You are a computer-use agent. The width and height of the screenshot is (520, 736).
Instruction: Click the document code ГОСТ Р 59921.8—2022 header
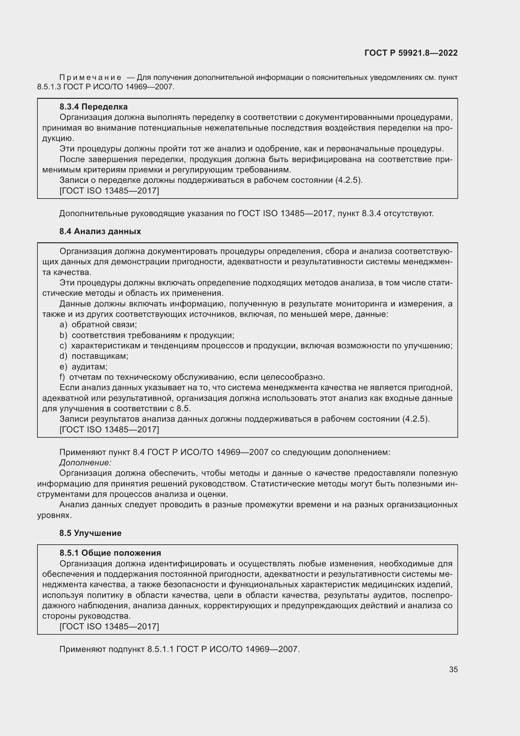coord(411,53)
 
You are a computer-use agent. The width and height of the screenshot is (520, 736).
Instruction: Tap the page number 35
coord(453,669)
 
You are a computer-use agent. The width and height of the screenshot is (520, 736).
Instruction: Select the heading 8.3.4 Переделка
coord(93,107)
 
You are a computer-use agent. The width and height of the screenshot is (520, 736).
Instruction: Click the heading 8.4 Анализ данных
coord(100,232)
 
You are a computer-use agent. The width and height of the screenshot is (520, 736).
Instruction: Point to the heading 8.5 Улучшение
coord(90,533)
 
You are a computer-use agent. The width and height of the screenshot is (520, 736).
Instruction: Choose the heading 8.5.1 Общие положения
coord(110,553)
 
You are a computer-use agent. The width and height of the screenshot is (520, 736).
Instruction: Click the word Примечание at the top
coord(90,78)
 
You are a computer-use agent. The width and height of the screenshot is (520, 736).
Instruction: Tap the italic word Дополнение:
coord(85,463)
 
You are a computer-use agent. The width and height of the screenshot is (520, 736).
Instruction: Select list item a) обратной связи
coord(98,325)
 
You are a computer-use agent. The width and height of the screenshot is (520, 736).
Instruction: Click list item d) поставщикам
coord(94,356)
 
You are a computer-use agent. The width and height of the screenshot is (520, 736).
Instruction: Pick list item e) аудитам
coord(84,367)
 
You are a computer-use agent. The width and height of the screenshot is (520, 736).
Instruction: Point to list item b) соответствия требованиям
coord(147,335)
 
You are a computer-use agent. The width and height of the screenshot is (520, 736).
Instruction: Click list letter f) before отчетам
coord(62,377)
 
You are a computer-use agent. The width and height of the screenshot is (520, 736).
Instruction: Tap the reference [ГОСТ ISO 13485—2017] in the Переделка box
coord(109,191)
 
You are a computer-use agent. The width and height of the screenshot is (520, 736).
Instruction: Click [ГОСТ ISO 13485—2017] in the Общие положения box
coord(109,627)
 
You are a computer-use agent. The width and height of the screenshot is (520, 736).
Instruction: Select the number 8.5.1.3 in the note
coord(49,87)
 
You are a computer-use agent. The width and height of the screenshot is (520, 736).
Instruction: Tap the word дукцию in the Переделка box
coord(58,138)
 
